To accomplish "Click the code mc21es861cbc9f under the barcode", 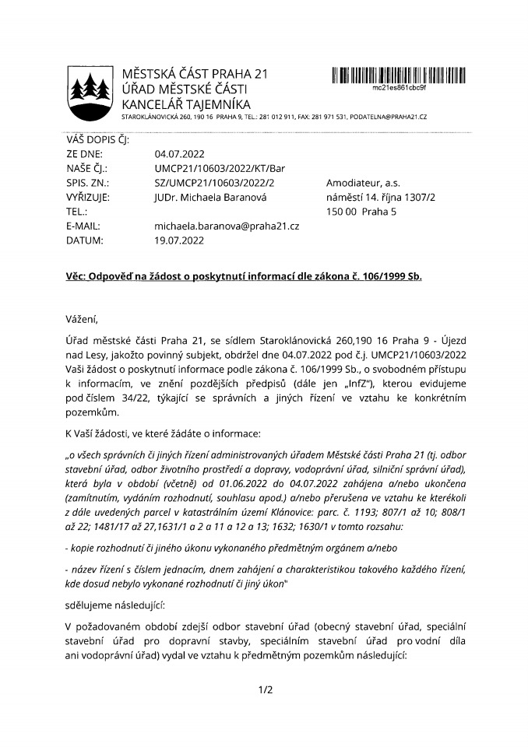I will [400, 88].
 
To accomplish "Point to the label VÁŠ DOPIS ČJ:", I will [97, 139].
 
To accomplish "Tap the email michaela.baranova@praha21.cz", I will [227, 226].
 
